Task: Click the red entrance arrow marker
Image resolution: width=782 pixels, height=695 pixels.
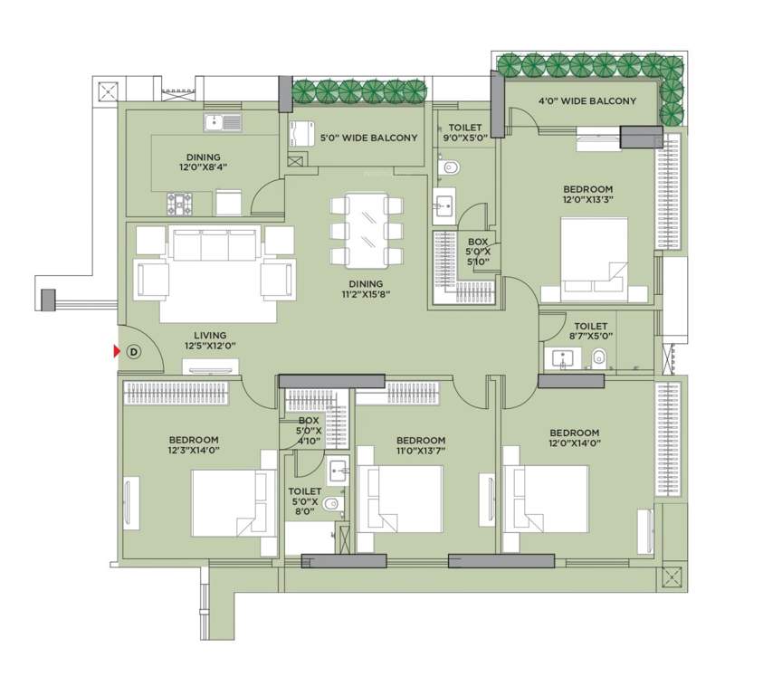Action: (116, 351)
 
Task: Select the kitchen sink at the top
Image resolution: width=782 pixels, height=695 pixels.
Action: (224, 122)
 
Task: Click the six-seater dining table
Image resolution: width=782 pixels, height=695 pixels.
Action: (367, 230)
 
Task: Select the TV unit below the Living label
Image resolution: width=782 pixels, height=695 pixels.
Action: (212, 367)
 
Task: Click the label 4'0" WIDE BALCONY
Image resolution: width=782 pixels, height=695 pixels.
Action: (587, 101)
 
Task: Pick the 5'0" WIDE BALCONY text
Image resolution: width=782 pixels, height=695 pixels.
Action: (368, 138)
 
